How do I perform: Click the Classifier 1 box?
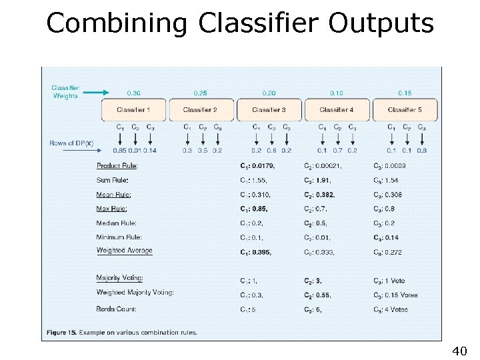coord(133,109)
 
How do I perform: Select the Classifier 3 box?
coord(269,109)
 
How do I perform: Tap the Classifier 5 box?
coord(405,109)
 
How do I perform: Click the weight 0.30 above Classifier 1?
coord(133,93)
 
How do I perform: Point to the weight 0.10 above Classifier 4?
coord(337,93)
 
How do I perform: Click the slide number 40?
coord(459,351)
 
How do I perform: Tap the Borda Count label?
coord(116,309)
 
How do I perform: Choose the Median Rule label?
coord(116,223)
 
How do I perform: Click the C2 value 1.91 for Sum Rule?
coord(324,180)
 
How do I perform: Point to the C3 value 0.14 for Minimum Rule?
coord(393,237)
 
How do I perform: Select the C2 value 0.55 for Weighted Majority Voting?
coord(324,295)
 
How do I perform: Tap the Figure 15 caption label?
coord(61,332)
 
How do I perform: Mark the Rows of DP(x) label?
coord(71,143)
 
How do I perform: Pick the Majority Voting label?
coord(119,278)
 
